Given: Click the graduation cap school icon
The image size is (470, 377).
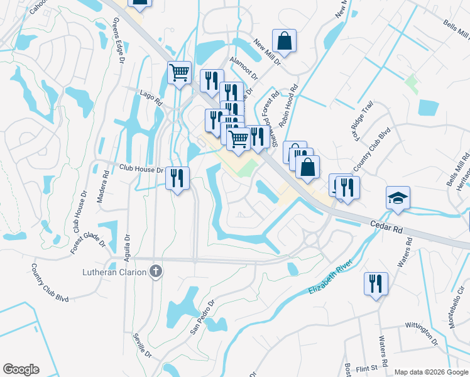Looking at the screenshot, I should click(398, 199).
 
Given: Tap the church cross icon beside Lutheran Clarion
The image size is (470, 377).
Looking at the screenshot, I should click(156, 272).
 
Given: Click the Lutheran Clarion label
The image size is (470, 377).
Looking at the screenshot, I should click(115, 272).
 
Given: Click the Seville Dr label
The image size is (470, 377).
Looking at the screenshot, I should click(142, 345).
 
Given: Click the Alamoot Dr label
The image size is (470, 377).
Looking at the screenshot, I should click(244, 68).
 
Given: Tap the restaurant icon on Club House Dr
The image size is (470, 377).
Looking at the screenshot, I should click(178, 178).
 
